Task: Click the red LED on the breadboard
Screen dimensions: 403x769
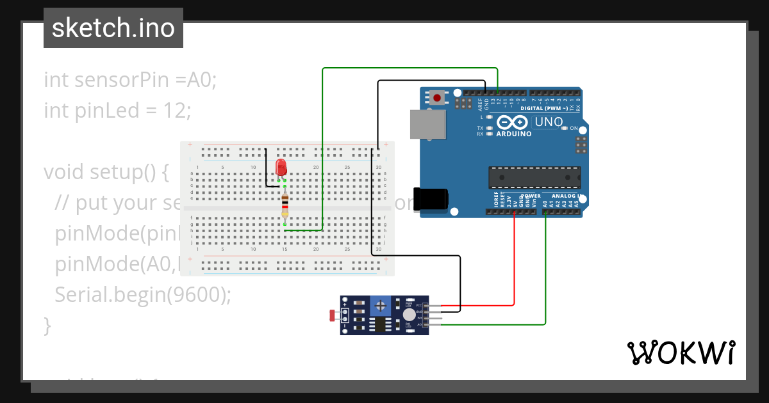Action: (x=281, y=168)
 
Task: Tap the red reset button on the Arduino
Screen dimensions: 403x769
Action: (x=437, y=98)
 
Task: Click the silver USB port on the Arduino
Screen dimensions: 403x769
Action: (x=427, y=124)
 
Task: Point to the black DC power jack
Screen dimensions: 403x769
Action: (x=430, y=198)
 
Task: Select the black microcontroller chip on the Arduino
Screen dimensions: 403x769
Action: (x=534, y=177)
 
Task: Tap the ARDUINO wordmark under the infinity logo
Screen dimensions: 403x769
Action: (x=514, y=134)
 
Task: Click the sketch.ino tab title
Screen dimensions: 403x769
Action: (x=113, y=28)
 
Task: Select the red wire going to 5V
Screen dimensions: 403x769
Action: (x=515, y=262)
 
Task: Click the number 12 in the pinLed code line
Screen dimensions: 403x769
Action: (x=174, y=111)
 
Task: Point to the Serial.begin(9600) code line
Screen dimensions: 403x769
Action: (x=142, y=294)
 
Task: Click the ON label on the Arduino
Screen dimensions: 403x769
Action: (x=574, y=128)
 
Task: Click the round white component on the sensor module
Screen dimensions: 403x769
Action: (x=409, y=315)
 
